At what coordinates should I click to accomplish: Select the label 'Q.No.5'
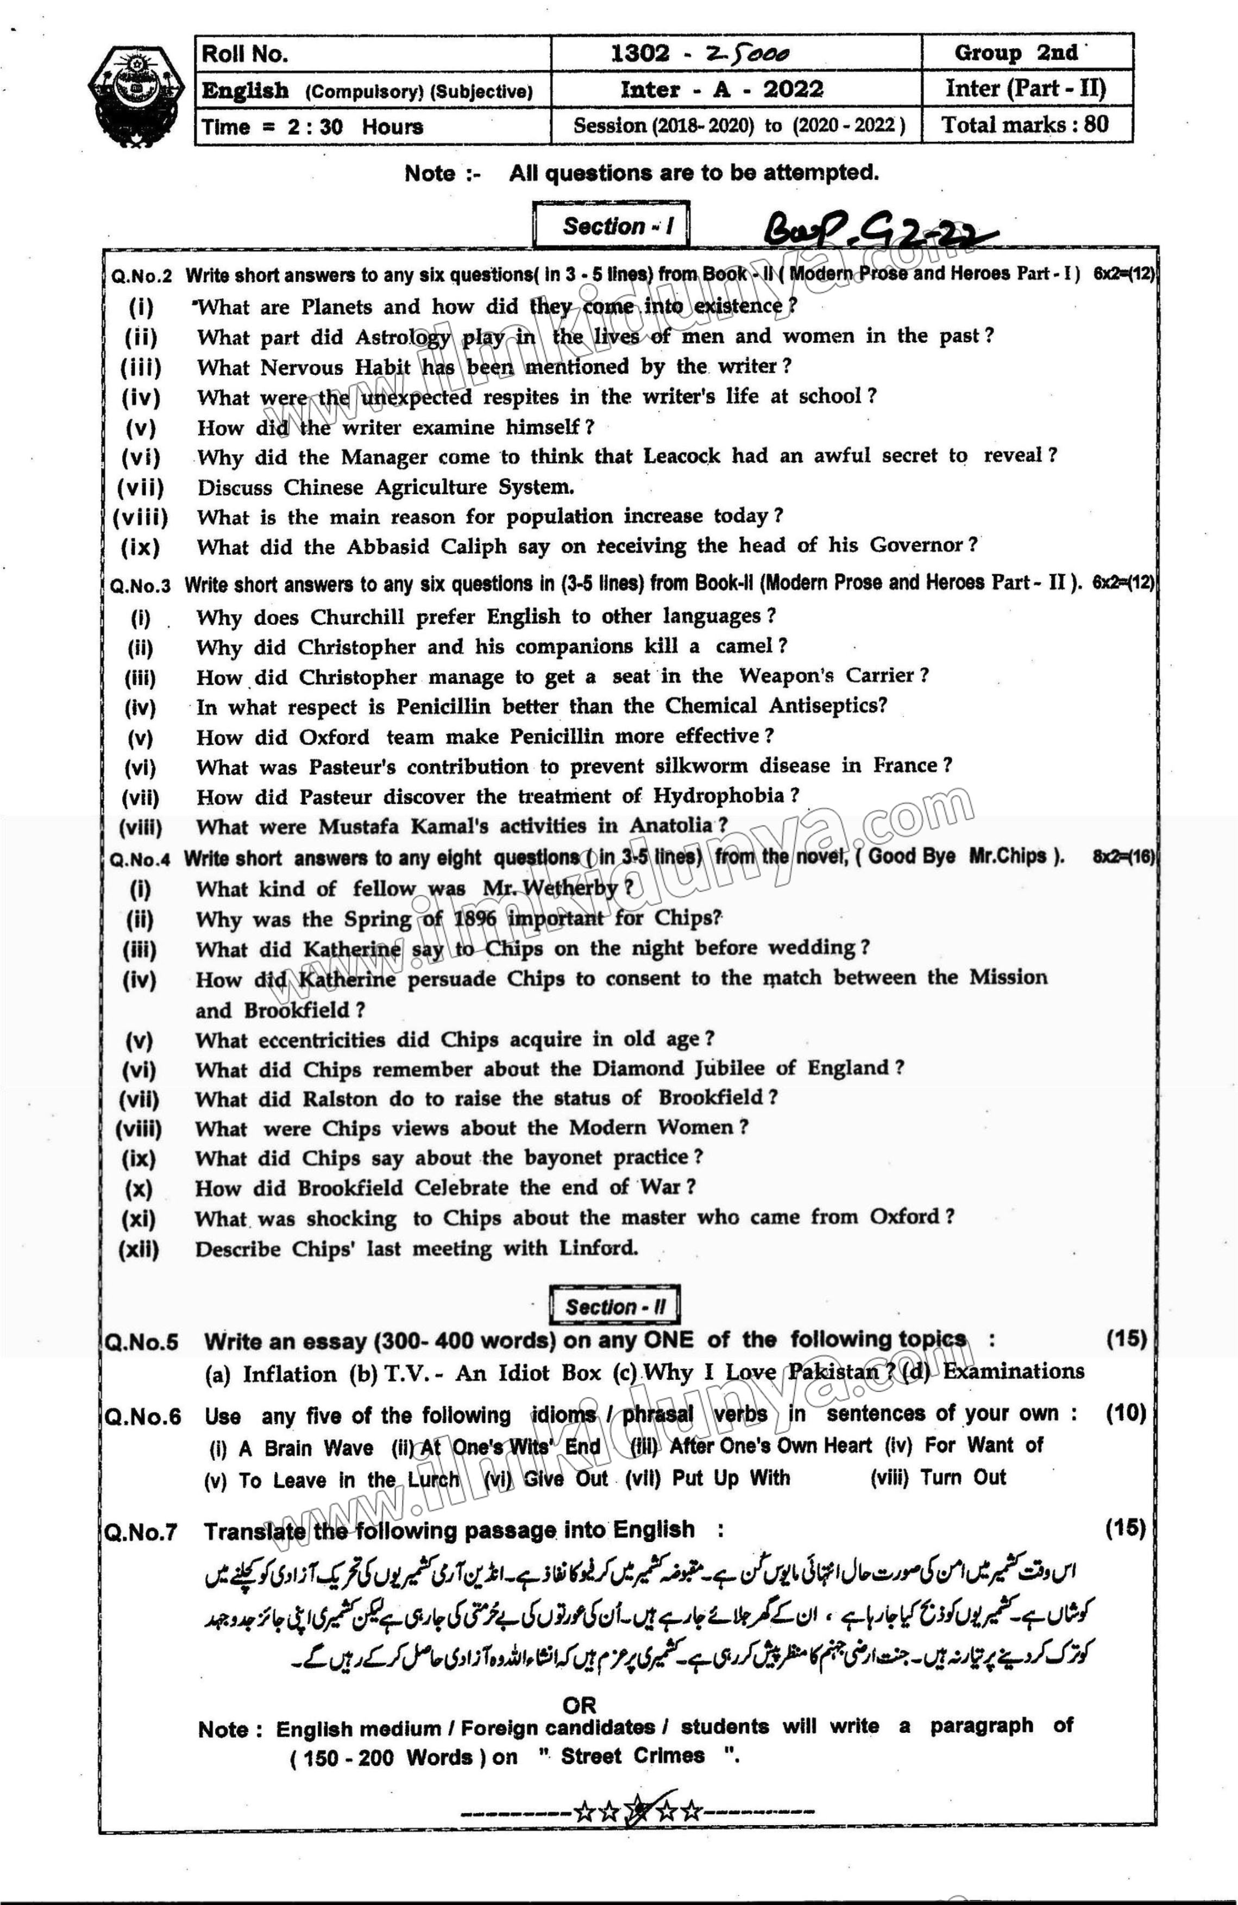click(141, 1342)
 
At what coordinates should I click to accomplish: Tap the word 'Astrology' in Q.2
click(403, 337)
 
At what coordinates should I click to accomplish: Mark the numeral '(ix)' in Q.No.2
click(141, 548)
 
